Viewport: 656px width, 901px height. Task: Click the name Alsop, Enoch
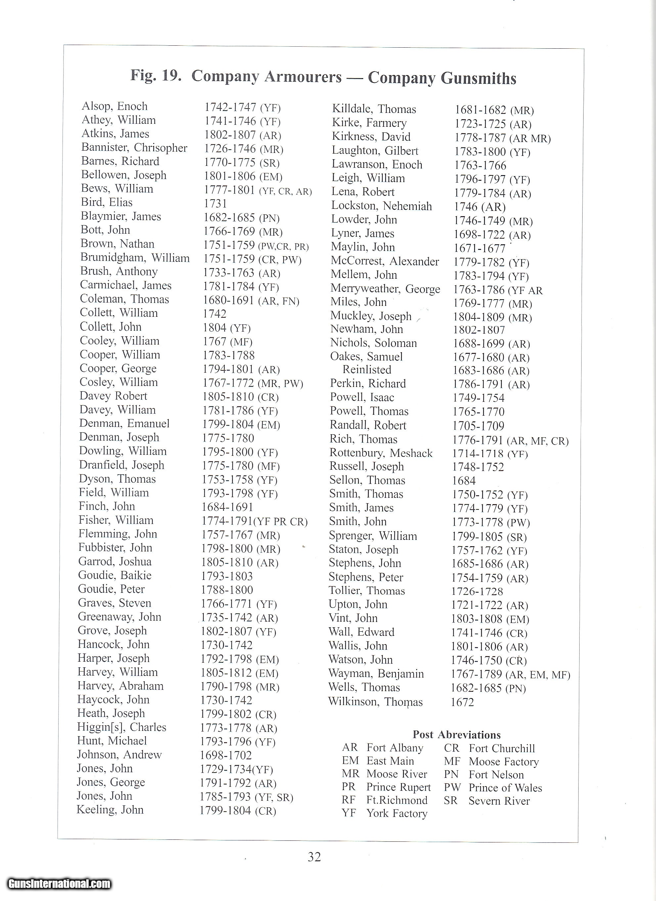[x=114, y=107]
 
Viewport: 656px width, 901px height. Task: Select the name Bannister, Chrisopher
[x=134, y=148]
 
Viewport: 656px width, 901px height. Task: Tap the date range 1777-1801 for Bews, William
[x=229, y=190]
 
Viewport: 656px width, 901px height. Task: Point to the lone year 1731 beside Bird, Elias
[x=216, y=203]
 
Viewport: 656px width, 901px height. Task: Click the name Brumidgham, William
[x=135, y=258]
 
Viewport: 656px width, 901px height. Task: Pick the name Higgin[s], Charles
[x=121, y=727]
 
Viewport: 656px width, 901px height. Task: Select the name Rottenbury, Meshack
[x=381, y=453]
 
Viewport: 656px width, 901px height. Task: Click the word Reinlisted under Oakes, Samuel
[x=367, y=370]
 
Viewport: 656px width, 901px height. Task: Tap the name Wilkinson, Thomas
[x=375, y=702]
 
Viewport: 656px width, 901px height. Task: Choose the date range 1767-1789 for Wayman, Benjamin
[x=476, y=675]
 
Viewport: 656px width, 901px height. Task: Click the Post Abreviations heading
[x=456, y=735]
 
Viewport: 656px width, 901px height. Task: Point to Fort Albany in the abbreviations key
[x=395, y=748]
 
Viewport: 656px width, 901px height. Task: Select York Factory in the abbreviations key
[x=397, y=813]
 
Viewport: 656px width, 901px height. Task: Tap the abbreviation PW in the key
[x=452, y=787]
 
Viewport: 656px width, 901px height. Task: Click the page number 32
[x=314, y=857]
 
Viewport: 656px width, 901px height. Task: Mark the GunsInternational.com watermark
[x=59, y=884]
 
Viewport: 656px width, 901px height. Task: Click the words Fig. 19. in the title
[x=156, y=75]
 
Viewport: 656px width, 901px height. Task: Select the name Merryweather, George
[x=385, y=289]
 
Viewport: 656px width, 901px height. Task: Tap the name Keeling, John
[x=110, y=810]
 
